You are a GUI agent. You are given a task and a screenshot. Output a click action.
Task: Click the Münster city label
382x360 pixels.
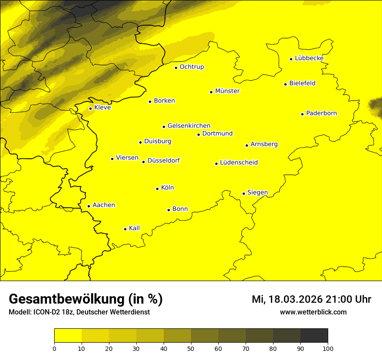(227, 91)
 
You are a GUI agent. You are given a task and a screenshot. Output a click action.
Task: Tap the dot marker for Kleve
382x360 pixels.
(90, 108)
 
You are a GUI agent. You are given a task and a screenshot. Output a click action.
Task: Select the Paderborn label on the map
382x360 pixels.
(321, 113)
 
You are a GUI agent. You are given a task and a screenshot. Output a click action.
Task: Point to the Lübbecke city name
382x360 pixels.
(309, 58)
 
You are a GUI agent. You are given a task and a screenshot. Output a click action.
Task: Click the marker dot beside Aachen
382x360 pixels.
(89, 206)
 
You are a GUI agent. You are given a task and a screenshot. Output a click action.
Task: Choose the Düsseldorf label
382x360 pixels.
(163, 160)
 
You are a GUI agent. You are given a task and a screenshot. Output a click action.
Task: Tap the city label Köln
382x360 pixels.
(167, 188)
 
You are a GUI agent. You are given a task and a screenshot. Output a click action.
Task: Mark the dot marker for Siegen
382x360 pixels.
(244, 193)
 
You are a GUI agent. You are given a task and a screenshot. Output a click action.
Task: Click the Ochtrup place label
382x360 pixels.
(191, 67)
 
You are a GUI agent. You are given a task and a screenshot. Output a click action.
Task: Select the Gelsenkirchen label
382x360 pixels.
(189, 126)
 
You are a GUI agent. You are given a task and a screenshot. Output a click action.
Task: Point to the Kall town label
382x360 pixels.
(134, 228)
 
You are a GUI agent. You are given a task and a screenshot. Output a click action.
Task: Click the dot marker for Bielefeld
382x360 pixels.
(285, 84)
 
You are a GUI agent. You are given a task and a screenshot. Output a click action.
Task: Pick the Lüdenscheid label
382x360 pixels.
(239, 163)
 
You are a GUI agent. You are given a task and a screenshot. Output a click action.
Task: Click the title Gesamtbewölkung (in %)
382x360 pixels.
(86, 299)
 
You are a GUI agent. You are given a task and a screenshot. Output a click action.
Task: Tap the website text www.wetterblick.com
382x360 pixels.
(313, 312)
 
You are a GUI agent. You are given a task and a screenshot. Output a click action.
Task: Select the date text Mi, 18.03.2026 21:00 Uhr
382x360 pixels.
(311, 299)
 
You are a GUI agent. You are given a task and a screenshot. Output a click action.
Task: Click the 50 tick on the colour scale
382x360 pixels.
(191, 348)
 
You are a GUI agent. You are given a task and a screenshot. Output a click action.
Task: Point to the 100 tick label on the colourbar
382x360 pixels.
(328, 348)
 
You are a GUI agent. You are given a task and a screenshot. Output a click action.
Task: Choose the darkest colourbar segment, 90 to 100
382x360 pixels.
(314, 336)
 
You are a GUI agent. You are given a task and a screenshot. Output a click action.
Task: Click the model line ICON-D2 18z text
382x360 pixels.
(79, 312)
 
